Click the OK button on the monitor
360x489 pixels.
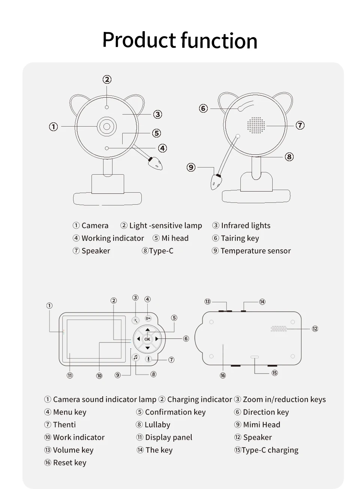[x=147, y=339]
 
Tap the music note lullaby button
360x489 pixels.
[x=136, y=358]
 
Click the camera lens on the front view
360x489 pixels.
[x=107, y=126]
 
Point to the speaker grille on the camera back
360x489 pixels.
[x=256, y=125]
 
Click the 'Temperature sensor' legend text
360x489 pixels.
[x=255, y=251]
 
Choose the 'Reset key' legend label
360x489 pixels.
[x=69, y=463]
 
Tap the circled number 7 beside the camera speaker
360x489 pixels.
[x=300, y=125]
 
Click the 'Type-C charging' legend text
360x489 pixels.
[x=270, y=450]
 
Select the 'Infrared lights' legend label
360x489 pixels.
[x=246, y=226]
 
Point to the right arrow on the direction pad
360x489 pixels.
[x=157, y=339]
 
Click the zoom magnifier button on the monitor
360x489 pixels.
[x=135, y=320]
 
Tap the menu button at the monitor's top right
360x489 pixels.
[x=148, y=318]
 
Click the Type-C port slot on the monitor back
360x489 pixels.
[x=255, y=357]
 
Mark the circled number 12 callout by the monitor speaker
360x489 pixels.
[x=315, y=329]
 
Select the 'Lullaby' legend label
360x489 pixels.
[x=157, y=425]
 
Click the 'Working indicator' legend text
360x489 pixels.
[x=112, y=238]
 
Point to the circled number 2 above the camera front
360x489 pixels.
[x=107, y=79]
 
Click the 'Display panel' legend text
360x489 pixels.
[x=168, y=438]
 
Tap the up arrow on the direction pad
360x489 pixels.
[x=147, y=330]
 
